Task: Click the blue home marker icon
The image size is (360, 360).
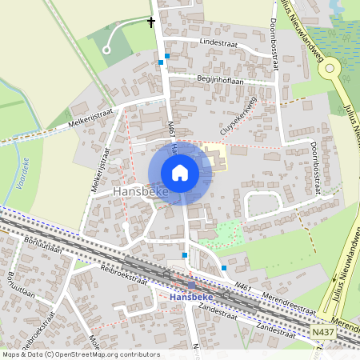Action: pyautogui.click(x=180, y=173)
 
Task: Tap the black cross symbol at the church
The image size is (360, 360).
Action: pyautogui.click(x=151, y=22)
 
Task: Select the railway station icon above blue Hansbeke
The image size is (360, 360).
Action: pyautogui.click(x=191, y=285)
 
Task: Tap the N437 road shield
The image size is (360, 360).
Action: pyautogui.click(x=323, y=330)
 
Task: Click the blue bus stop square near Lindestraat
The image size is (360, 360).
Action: pyautogui.click(x=166, y=57)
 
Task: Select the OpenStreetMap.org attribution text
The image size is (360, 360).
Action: pyautogui.click(x=91, y=354)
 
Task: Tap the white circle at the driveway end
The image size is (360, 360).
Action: pyautogui.click(x=106, y=50)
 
